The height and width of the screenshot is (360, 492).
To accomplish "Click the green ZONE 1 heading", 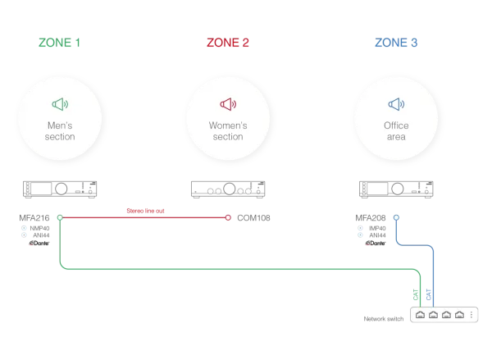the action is pyautogui.click(x=59, y=43).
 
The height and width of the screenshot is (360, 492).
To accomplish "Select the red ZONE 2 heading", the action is pyautogui.click(x=228, y=43).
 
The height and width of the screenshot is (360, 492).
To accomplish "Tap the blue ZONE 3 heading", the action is pyautogui.click(x=396, y=43).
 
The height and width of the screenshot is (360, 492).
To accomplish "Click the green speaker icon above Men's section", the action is pyautogui.click(x=60, y=104).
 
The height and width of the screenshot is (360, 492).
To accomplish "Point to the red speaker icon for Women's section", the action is pyautogui.click(x=228, y=104).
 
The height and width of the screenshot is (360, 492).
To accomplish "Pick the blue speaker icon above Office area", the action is pyautogui.click(x=396, y=104).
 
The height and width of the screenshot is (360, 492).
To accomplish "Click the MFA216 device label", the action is pyautogui.click(x=34, y=218).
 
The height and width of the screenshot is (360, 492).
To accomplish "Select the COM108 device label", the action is pyautogui.click(x=253, y=218).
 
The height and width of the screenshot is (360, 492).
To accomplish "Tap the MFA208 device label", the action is pyautogui.click(x=371, y=218).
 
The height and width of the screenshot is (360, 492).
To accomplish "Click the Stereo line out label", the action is pyautogui.click(x=145, y=211).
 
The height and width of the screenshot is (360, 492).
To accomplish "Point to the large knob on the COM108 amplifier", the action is pyautogui.click(x=229, y=189).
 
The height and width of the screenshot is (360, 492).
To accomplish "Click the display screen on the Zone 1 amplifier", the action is pyautogui.click(x=42, y=189).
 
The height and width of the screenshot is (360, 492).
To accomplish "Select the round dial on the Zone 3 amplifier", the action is pyautogui.click(x=397, y=189).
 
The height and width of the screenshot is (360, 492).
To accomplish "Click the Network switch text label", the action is pyautogui.click(x=384, y=319).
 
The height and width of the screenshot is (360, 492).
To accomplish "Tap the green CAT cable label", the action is pyautogui.click(x=416, y=294).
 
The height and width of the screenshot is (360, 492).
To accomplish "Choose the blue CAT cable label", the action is pyautogui.click(x=429, y=294).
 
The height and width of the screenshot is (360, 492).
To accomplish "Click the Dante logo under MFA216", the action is pyautogui.click(x=39, y=243).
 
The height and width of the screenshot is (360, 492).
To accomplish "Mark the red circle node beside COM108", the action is pyautogui.click(x=228, y=217).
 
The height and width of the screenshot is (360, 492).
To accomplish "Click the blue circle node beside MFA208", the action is pyautogui.click(x=396, y=217).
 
